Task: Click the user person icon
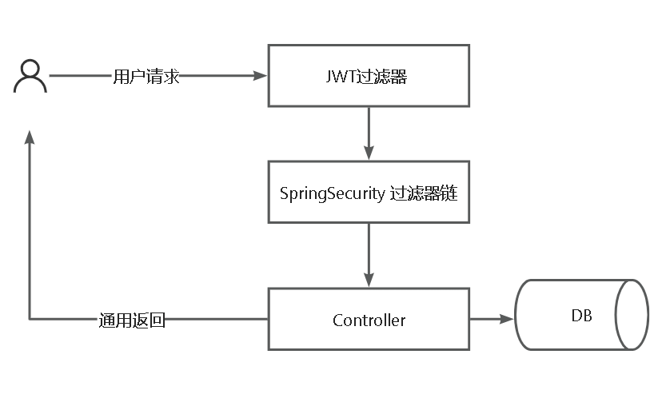[x=30, y=77]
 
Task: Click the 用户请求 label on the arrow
[x=146, y=77]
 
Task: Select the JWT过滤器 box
[x=369, y=76]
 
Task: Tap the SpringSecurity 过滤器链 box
[x=369, y=192]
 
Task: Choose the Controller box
[x=369, y=320]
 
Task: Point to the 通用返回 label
[x=133, y=320]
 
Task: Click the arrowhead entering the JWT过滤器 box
[x=261, y=76]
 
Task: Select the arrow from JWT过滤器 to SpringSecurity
[x=369, y=133]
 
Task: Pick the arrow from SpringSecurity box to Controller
[x=369, y=254]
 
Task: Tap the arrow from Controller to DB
[x=491, y=319]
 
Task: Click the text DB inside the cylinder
[x=581, y=315]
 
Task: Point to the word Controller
[x=369, y=320]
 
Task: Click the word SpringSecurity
[x=332, y=193]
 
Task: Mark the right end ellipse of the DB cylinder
[x=632, y=315]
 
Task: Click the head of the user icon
[x=30, y=70]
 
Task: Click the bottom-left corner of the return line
[x=30, y=319]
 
